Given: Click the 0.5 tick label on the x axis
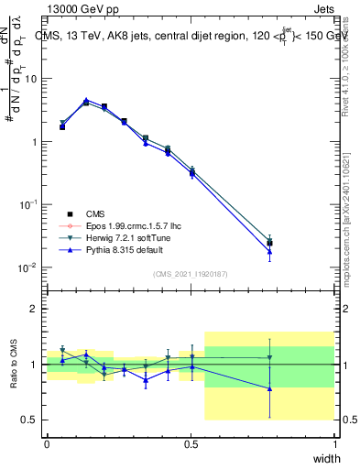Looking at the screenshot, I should point(190,442).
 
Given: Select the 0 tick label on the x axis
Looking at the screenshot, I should point(47,442).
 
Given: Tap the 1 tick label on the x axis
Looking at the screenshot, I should point(334,442).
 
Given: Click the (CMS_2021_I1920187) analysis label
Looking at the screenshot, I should point(191,274).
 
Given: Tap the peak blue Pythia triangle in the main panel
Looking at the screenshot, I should point(86,100).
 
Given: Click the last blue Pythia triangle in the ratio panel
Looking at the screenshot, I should point(269,388).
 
